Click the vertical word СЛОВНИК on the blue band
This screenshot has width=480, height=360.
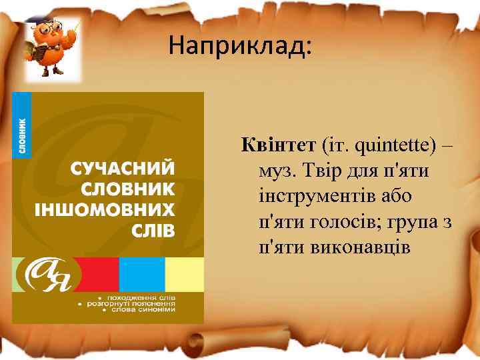point(22,137)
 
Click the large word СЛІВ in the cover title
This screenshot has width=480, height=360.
point(149,231)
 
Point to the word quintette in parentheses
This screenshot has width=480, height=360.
point(383,143)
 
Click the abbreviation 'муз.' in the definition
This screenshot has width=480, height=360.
point(277,171)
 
